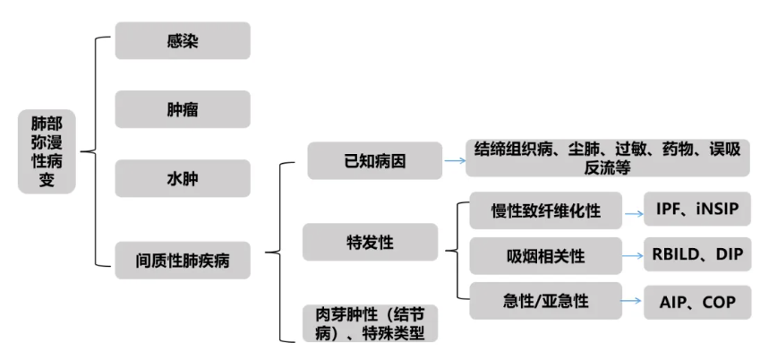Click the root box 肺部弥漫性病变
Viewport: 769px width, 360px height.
[47, 151]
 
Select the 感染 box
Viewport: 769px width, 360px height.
[183, 41]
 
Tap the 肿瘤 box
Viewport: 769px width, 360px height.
[183, 109]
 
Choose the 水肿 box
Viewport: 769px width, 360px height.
[183, 178]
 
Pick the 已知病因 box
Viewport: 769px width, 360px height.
[374, 161]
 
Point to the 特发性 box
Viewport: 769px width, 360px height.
[370, 242]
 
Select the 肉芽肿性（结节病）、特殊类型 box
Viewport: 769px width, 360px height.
[370, 323]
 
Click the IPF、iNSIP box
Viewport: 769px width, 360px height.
[696, 211]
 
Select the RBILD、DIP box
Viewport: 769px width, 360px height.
[696, 256]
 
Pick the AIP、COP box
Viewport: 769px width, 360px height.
[696, 302]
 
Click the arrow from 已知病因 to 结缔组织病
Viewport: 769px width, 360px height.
[454, 161]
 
